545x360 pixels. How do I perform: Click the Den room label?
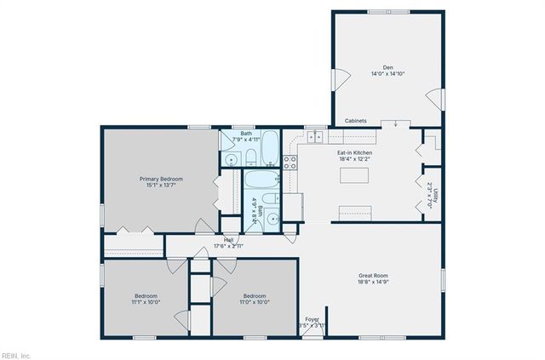tap(387, 67)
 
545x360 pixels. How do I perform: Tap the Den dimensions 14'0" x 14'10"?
tap(387, 74)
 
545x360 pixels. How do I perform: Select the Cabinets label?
tap(355, 121)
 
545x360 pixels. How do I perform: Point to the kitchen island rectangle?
tap(356, 175)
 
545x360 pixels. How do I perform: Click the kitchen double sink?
tap(314, 135)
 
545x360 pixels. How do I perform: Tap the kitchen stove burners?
tap(290, 161)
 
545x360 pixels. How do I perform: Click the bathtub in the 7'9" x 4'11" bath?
tap(269, 147)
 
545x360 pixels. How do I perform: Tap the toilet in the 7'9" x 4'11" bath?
tap(251, 157)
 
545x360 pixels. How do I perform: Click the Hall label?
tap(229, 240)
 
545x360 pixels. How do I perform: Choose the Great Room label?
tap(373, 274)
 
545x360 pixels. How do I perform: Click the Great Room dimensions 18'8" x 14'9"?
tap(373, 281)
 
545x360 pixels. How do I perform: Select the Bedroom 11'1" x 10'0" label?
tap(146, 295)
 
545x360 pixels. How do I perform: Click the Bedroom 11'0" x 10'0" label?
tap(254, 295)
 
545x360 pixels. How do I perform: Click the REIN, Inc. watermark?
tap(16, 355)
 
